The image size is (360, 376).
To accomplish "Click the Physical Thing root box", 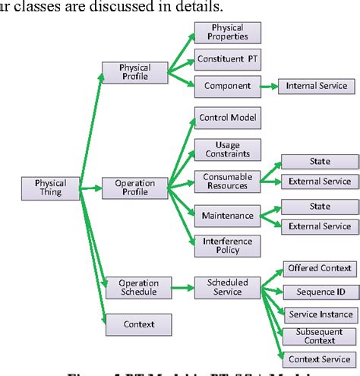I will coord(51,188).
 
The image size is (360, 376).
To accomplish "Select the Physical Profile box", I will coord(134,72).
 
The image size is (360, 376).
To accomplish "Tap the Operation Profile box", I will coord(134,188).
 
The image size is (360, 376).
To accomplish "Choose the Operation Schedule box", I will coord(138,288).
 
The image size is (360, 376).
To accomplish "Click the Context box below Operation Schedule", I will coord(138,324).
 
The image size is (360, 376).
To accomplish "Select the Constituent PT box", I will coord(227,59).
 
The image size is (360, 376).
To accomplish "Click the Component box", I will coord(227,86).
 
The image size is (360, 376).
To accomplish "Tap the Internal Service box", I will coord(317,86).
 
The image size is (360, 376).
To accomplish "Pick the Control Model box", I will coord(227,118).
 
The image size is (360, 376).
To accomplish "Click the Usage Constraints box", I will coord(227,149).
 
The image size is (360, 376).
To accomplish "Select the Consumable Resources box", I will coord(227,182).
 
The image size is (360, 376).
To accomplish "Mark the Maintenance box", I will coord(227,216).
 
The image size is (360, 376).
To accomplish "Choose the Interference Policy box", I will coord(227,245).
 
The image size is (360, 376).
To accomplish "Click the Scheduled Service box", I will coord(227,287).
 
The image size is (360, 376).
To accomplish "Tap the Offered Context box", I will coord(319,268).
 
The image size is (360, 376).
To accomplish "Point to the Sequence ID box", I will coord(319,292).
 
